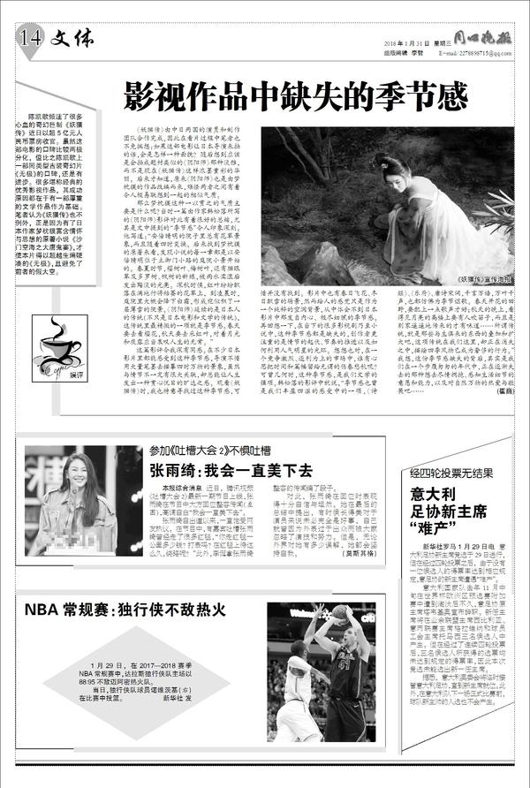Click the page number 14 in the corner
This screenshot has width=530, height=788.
coord(29,36)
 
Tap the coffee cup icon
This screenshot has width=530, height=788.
coord(57,340)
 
